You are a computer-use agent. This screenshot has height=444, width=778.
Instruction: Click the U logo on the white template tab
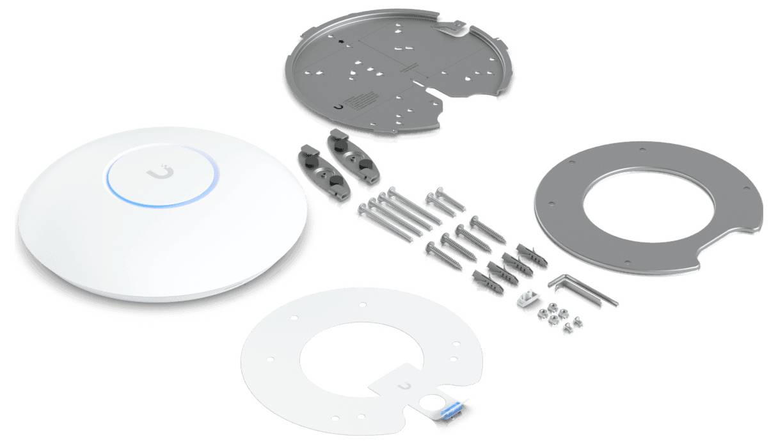404,386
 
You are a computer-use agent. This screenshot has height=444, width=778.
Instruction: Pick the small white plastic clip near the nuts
526,296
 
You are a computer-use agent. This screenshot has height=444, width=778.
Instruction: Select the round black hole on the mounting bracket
342,42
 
